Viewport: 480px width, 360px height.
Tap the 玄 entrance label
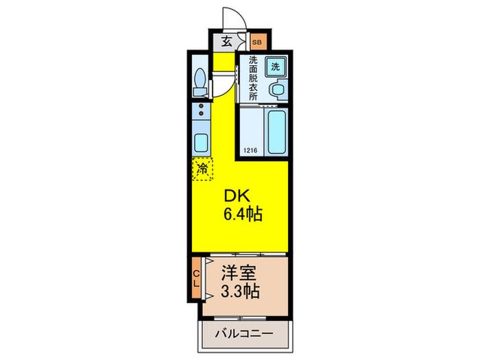pyautogui.click(x=227, y=40)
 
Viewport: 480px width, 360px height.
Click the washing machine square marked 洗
pyautogui.click(x=276, y=67)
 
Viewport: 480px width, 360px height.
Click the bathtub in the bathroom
pyautogui.click(x=277, y=132)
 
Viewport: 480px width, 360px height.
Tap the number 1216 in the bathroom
pyautogui.click(x=250, y=151)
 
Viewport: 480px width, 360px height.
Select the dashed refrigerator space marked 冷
pyautogui.click(x=202, y=169)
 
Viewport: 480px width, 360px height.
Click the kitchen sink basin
pyautogui.click(x=201, y=143)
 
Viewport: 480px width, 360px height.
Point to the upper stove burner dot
pyautogui.click(x=201, y=106)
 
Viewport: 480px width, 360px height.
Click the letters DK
pyautogui.click(x=237, y=196)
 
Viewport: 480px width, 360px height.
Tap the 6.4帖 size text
pyautogui.click(x=243, y=214)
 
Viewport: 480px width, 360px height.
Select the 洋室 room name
pyautogui.click(x=239, y=272)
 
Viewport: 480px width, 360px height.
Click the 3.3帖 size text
pyautogui.click(x=241, y=291)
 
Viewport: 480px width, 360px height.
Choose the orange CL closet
pyautogui.click(x=196, y=278)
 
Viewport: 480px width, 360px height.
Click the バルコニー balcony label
pyautogui.click(x=243, y=333)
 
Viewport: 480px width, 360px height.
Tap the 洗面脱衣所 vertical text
pyautogui.click(x=253, y=78)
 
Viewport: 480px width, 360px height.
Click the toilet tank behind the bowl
pyautogui.click(x=200, y=91)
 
